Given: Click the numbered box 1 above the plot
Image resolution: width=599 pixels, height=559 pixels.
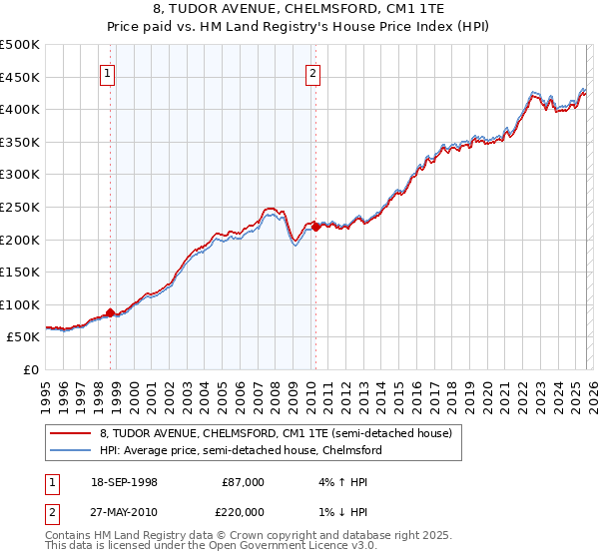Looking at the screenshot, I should (107, 72).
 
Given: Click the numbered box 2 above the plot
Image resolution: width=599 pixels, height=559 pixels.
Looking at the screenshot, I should (312, 72).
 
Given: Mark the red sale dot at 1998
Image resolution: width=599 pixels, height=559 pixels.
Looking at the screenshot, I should (111, 312).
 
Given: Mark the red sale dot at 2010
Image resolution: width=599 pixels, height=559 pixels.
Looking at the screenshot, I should (316, 227).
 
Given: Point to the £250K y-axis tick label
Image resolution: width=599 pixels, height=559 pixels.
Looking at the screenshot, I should (20, 207).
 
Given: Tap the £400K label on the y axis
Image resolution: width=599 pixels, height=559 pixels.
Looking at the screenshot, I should (20, 109).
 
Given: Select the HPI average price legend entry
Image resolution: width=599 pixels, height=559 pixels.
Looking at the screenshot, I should (240, 450).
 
